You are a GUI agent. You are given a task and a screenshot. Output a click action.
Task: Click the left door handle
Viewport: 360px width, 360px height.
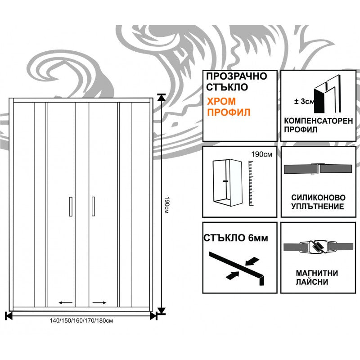71,207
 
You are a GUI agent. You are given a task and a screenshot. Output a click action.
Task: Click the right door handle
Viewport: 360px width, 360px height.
93,207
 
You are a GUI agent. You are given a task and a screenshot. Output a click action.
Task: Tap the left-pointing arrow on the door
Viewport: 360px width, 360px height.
66,303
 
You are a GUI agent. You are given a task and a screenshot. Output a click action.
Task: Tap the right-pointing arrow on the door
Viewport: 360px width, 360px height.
99,303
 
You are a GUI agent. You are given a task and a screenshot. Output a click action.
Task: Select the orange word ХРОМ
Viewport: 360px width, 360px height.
220,102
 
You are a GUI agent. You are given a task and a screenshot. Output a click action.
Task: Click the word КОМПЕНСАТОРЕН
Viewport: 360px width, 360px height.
319,121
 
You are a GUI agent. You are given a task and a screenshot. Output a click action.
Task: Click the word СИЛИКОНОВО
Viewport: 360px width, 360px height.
318,198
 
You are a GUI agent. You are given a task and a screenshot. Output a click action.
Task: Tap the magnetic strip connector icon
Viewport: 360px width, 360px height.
318,247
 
